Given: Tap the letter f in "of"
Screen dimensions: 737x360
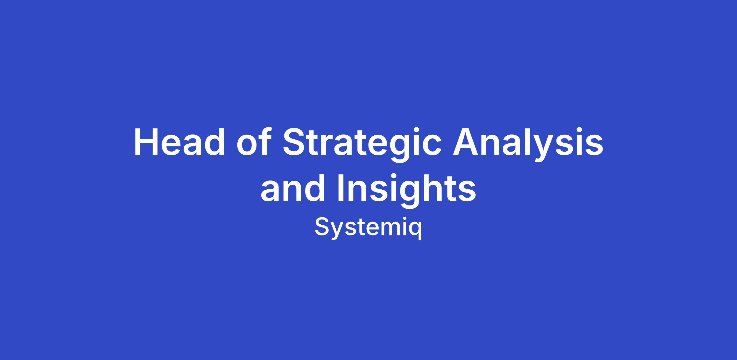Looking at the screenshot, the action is click(265, 141).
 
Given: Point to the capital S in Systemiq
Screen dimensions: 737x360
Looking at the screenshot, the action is click(322, 227).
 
